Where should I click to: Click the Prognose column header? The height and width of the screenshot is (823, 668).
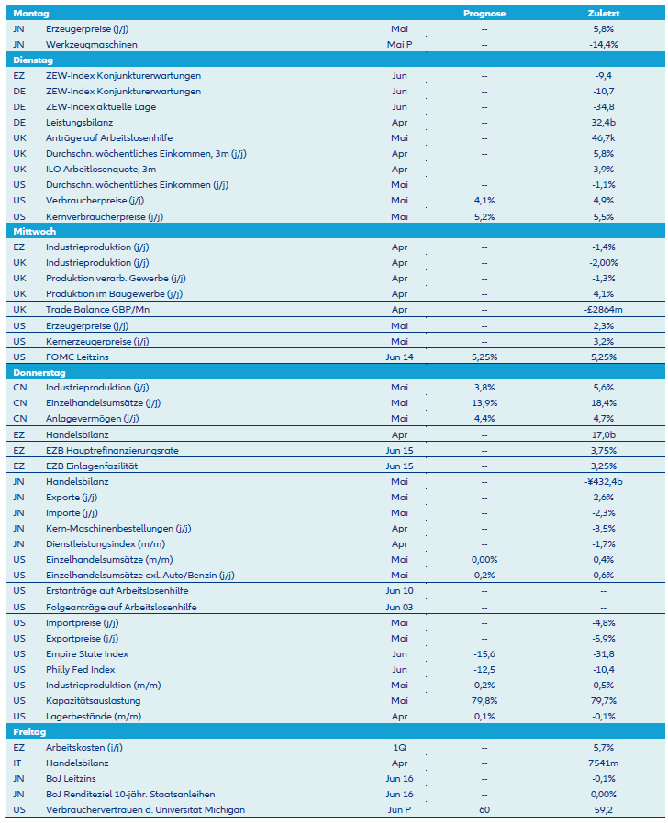pyautogui.click(x=484, y=14)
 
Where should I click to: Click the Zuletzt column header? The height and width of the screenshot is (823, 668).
pyautogui.click(x=603, y=14)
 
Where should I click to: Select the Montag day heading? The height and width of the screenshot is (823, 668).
pyautogui.click(x=31, y=14)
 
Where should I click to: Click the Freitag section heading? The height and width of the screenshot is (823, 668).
pyautogui.click(x=31, y=731)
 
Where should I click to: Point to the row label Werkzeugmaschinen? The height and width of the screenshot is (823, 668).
pyautogui.click(x=91, y=44)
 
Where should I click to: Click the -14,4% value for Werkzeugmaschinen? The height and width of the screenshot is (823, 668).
pyautogui.click(x=603, y=44)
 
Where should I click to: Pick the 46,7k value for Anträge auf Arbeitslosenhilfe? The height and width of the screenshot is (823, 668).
pyautogui.click(x=603, y=137)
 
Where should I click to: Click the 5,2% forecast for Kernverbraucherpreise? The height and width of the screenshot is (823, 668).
pyautogui.click(x=484, y=216)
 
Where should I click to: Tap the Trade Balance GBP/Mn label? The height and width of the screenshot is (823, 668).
pyautogui.click(x=97, y=309)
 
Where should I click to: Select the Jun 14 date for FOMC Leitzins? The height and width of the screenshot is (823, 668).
pyautogui.click(x=399, y=357)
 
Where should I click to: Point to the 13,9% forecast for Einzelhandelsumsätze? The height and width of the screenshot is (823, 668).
pyautogui.click(x=484, y=403)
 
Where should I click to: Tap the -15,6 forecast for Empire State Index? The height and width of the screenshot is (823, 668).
pyautogui.click(x=484, y=653)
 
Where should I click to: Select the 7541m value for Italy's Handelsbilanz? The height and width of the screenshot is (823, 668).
pyautogui.click(x=603, y=763)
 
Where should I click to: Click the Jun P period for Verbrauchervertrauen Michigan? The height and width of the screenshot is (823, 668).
pyautogui.click(x=399, y=809)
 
